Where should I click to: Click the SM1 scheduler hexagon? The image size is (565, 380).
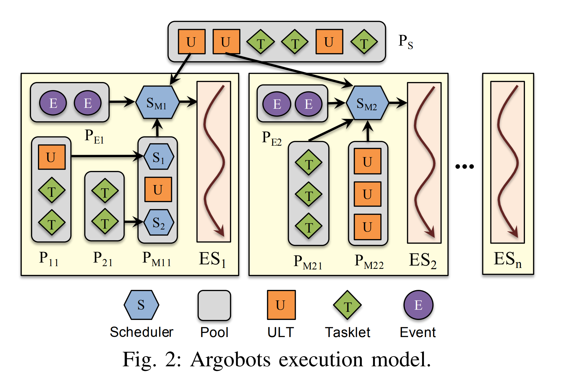click(157, 102)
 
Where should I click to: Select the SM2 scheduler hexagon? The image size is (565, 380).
click(367, 103)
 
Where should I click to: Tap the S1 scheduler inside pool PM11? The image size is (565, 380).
click(159, 157)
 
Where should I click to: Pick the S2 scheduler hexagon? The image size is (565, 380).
click(159, 222)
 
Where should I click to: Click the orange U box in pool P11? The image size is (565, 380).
click(52, 157)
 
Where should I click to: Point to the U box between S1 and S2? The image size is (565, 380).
click(158, 190)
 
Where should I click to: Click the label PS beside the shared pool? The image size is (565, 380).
click(405, 41)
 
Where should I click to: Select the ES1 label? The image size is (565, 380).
click(212, 259)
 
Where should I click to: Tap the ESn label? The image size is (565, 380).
click(507, 259)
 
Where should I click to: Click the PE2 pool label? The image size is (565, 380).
click(271, 138)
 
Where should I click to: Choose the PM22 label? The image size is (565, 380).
click(369, 261)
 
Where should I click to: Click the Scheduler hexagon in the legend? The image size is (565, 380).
click(141, 305)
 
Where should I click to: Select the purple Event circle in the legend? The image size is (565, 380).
click(418, 305)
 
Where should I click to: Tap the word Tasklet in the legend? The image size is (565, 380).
click(347, 333)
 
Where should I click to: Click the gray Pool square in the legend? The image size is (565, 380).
click(214, 305)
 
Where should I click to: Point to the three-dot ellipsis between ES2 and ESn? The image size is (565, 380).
click(465, 166)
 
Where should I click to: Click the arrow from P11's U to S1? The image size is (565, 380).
click(105, 156)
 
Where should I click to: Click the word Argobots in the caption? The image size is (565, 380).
click(230, 360)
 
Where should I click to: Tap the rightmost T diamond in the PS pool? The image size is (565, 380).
click(364, 42)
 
